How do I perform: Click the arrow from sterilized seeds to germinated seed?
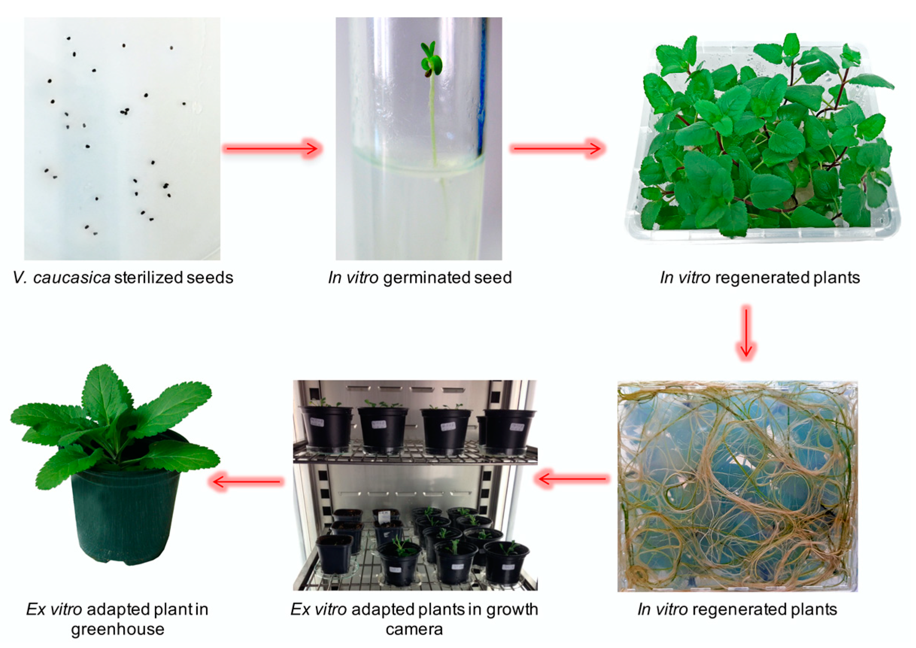click(x=272, y=149)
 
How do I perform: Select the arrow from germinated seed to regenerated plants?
click(x=558, y=149)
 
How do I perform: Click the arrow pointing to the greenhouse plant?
click(x=246, y=482)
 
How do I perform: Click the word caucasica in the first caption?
click(x=72, y=278)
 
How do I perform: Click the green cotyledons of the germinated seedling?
click(x=431, y=59)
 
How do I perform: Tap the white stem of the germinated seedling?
click(x=432, y=120)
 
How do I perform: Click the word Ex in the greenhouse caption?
click(x=36, y=610)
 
